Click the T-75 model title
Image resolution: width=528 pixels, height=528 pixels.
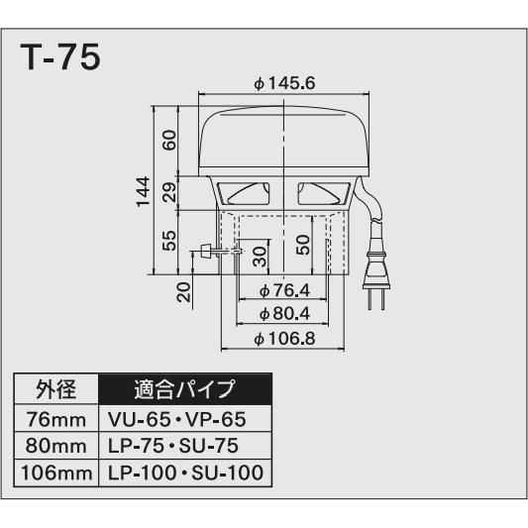pyautogui.click(x=59, y=56)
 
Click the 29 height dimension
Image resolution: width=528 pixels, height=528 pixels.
pyautogui.click(x=169, y=192)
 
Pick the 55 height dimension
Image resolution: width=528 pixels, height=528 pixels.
pyautogui.click(x=169, y=240)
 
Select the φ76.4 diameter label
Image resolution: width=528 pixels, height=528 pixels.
pyautogui.click(x=284, y=290)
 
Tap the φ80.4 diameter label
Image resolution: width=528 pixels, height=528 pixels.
pyautogui.click(x=284, y=314)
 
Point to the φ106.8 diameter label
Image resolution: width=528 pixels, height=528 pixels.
pyautogui.click(x=284, y=339)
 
